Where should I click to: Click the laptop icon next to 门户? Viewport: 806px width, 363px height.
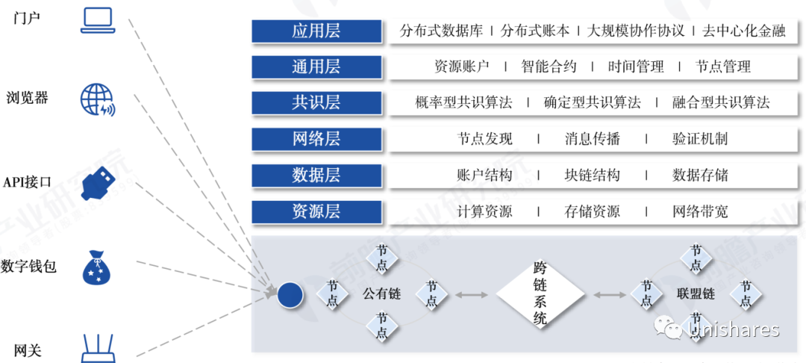tap(98, 20)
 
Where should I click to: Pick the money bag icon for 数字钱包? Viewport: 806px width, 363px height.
tap(97, 267)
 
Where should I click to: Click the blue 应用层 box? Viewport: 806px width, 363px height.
tap(316, 31)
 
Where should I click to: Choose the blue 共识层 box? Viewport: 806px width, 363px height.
tap(316, 102)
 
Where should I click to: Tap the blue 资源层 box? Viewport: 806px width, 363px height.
tap(316, 211)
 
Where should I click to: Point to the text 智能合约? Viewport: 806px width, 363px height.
tap(549, 66)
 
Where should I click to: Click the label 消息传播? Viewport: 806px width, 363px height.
tap(592, 139)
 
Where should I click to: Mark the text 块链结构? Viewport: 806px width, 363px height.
tap(592, 176)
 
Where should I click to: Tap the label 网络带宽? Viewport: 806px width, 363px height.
tap(700, 211)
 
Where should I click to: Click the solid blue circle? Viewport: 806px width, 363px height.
tap(290, 295)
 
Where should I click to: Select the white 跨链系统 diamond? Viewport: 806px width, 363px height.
tap(541, 294)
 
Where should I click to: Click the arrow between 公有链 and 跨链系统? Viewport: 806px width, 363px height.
tap(471, 295)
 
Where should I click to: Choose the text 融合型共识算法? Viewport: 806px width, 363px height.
tap(720, 102)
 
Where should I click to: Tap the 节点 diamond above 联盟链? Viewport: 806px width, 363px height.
tap(696, 258)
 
